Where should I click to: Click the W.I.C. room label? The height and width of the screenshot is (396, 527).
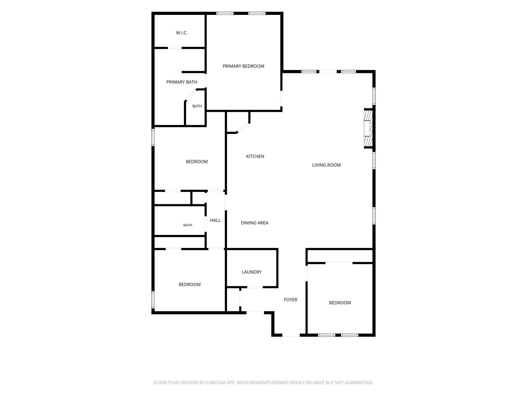(x=182, y=33)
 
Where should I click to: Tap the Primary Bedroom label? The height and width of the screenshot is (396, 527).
(x=243, y=66)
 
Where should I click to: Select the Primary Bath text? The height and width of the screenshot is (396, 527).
(x=182, y=82)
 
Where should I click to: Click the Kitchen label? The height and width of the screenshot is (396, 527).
(x=255, y=156)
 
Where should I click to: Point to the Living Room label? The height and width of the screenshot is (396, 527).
(x=326, y=165)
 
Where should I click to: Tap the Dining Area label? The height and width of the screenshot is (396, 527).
(x=254, y=223)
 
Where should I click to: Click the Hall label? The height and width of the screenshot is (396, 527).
(x=215, y=220)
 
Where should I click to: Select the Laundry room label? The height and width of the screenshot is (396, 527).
(x=251, y=272)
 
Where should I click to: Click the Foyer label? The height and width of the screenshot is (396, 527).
(x=291, y=300)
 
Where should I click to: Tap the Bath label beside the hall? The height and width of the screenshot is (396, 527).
(x=188, y=225)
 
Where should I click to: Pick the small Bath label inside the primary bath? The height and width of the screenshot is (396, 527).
(x=197, y=106)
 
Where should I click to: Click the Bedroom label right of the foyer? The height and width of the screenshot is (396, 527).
(x=340, y=303)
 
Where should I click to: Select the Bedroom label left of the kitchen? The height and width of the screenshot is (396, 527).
(x=197, y=162)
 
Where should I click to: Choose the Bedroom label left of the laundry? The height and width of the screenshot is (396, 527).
(x=190, y=285)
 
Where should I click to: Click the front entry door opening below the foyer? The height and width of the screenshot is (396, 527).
(x=291, y=335)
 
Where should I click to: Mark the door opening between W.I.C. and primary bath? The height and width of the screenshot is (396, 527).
(x=175, y=48)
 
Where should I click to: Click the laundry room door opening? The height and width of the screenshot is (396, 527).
(x=255, y=287)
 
